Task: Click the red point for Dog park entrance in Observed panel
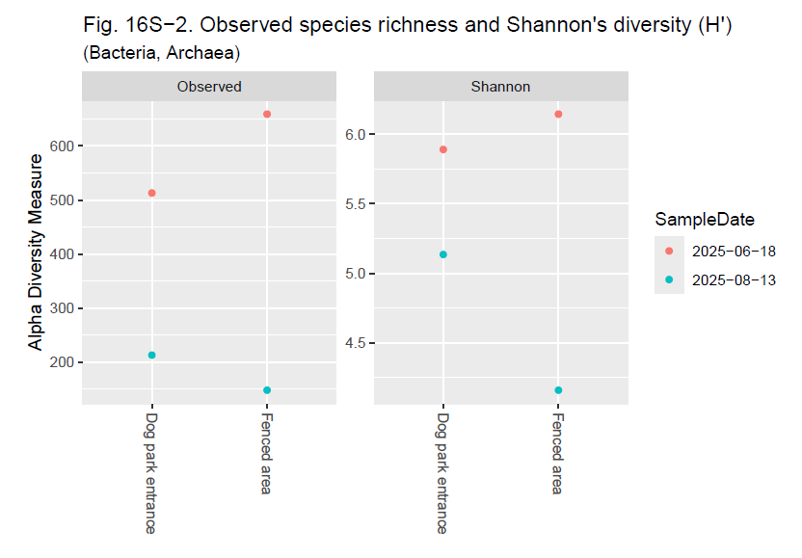pos(151,193)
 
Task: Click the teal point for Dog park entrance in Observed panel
pos(151,355)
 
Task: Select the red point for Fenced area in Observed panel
pos(267,114)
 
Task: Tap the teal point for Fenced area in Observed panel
pos(267,390)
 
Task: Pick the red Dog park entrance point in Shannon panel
pos(443,149)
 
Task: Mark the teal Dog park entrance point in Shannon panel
pos(443,254)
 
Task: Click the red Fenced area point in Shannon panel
pos(558,114)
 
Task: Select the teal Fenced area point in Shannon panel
pos(558,390)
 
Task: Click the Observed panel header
pos(209,87)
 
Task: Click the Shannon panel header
pos(500,87)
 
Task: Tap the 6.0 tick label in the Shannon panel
pos(355,134)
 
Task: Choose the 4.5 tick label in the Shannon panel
pos(355,343)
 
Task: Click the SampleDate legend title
pos(704,219)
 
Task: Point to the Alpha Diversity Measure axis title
pos(36,252)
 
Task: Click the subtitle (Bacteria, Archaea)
pos(162,53)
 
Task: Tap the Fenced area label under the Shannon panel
pos(558,453)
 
